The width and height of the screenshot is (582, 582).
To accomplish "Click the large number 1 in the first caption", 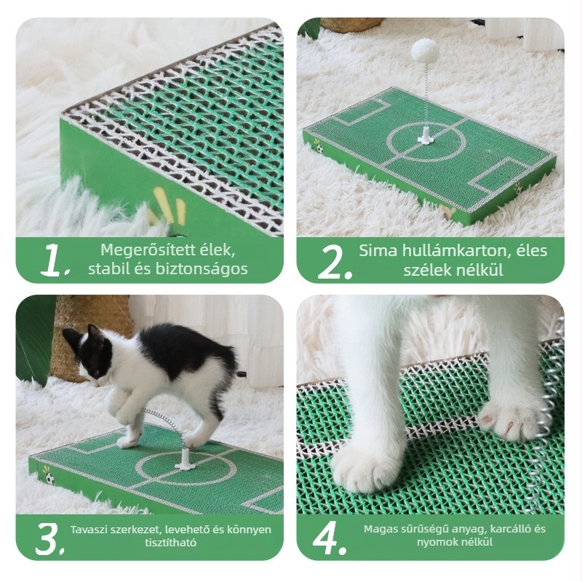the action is (52, 260).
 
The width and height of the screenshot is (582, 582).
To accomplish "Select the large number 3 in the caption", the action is (47, 539).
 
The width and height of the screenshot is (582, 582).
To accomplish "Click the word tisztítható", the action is (171, 542).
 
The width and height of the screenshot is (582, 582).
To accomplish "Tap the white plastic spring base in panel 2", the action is (425, 136).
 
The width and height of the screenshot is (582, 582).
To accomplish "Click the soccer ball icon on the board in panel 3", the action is (49, 478).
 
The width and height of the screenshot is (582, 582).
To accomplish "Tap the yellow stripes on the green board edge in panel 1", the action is (168, 207).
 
